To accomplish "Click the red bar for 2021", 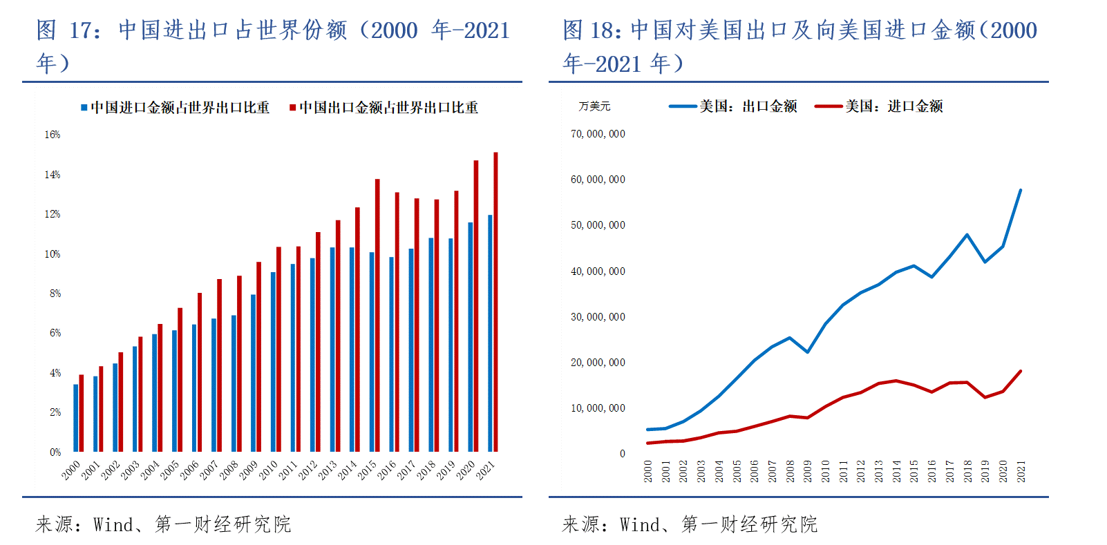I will click(495, 302).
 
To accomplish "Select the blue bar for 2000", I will click(76, 418).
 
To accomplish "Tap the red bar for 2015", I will click(377, 315).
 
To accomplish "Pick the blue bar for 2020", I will click(471, 336).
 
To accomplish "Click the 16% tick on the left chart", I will click(53, 135).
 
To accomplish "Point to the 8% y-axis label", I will click(55, 294).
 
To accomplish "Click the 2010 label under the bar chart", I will click(268, 470).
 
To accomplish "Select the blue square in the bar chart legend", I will click(84, 108).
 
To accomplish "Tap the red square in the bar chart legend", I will click(293, 108).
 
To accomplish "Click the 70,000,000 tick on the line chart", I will click(598, 134).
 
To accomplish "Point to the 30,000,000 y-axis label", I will click(598, 317).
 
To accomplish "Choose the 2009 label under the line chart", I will click(807, 471).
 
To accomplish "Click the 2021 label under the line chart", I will click(1021, 471).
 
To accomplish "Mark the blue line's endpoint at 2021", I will click(1021, 190).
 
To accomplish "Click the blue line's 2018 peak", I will click(967, 235).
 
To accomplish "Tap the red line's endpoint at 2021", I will click(1021, 372).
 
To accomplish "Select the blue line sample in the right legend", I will click(683, 106).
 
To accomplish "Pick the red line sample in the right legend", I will click(829, 106).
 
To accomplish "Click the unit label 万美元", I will click(594, 106).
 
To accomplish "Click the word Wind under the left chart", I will click(114, 525).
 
